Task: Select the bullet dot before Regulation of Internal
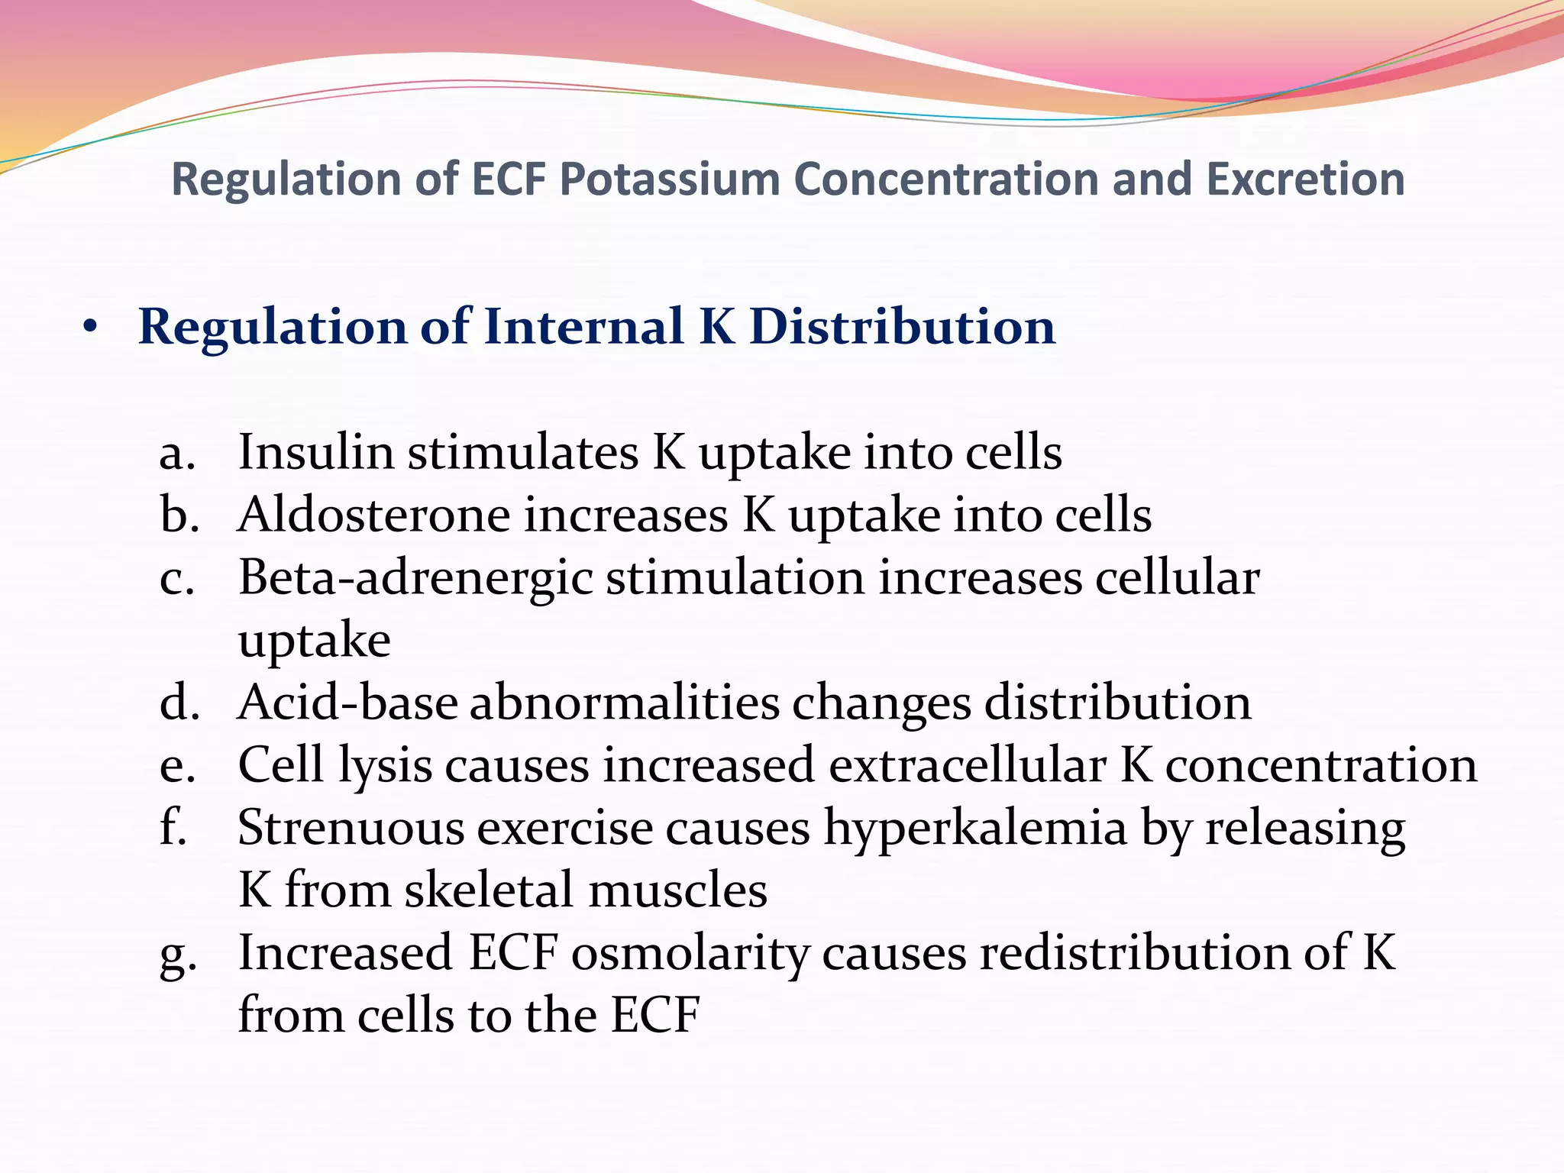pyautogui.click(x=91, y=328)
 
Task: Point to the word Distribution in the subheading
pyautogui.click(x=902, y=327)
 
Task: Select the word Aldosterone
pyautogui.click(x=373, y=515)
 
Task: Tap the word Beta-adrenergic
pyautogui.click(x=415, y=579)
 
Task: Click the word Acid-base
pyautogui.click(x=347, y=703)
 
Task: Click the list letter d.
pyautogui.click(x=179, y=703)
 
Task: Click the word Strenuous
pyautogui.click(x=351, y=828)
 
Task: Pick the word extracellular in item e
pyautogui.click(x=968, y=765)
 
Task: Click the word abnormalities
pyautogui.click(x=624, y=703)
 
